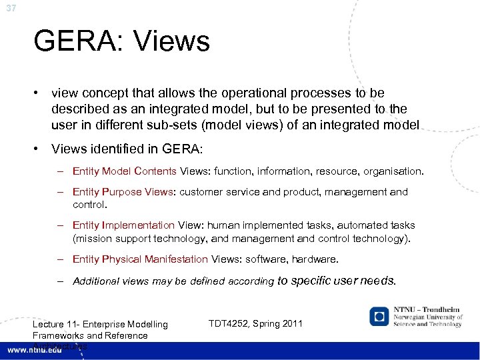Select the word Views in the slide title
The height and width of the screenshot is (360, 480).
(172, 41)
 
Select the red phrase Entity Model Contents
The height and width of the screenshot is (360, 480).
(125, 171)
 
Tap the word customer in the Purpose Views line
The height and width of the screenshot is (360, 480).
(199, 192)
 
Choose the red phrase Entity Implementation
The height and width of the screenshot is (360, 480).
(123, 226)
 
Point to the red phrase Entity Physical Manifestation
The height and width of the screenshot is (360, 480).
(140, 259)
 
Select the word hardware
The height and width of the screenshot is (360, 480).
(315, 259)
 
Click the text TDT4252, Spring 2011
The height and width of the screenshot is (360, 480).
(255, 324)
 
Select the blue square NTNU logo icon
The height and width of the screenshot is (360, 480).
(379, 316)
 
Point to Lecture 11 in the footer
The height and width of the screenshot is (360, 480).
(53, 325)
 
